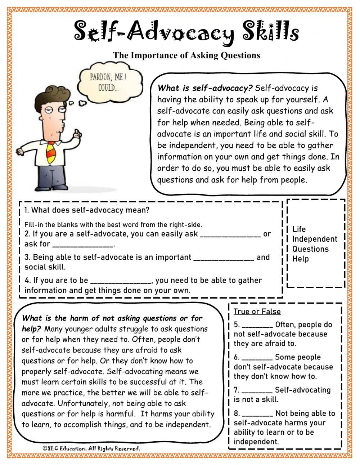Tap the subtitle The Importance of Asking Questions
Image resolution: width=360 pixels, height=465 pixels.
[186, 55]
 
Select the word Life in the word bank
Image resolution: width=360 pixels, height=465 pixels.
[299, 229]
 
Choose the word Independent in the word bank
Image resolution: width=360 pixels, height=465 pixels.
[314, 239]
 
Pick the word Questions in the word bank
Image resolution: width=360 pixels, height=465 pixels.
[310, 249]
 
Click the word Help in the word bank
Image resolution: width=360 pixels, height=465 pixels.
[300, 259]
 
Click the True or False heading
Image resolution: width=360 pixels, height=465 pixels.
[257, 312]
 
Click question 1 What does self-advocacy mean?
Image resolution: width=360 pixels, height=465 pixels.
[87, 210]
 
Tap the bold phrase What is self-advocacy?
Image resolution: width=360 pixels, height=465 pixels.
[205, 88]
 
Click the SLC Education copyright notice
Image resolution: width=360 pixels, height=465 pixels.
[91, 448]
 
